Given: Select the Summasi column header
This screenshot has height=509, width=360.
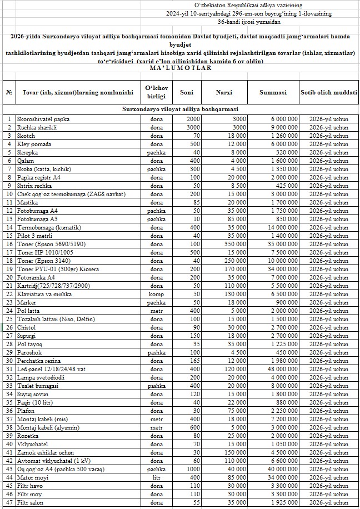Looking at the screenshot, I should (x=273, y=92).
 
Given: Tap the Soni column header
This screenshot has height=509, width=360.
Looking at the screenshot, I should (x=187, y=92).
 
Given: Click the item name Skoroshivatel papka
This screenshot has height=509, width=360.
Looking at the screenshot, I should (x=43, y=119).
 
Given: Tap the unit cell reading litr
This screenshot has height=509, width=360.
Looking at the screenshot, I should (x=157, y=477).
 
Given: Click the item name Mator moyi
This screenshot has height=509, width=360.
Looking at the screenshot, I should (x=33, y=477).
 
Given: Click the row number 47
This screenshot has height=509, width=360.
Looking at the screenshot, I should (x=9, y=502).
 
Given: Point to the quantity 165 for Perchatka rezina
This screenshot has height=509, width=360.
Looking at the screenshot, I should (x=193, y=361).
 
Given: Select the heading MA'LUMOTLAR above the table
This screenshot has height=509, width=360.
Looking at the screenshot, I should (x=181, y=68).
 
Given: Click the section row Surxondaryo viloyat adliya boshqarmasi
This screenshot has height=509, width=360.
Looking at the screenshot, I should (x=180, y=109).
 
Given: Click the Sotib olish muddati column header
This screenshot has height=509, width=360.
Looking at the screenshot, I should (x=328, y=92).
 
